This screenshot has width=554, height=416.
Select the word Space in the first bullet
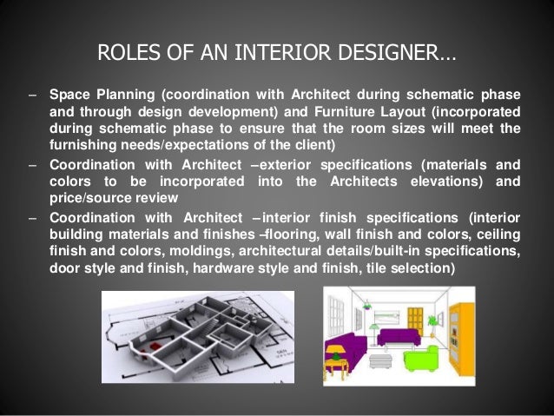[x=68, y=94]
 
